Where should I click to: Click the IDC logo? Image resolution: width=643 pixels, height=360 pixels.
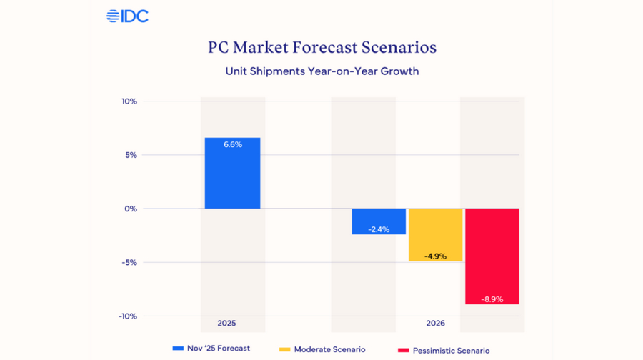coord(127,16)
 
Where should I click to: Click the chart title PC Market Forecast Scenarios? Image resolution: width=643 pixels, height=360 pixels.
coord(321,48)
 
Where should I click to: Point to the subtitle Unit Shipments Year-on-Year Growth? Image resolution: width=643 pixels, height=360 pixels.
coord(321,71)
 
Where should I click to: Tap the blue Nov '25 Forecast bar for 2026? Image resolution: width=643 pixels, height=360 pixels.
coord(379,221)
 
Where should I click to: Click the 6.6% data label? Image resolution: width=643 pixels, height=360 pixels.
coord(233,144)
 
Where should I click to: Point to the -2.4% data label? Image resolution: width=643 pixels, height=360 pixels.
coord(379,229)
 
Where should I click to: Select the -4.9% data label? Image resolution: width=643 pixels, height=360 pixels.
coord(435,256)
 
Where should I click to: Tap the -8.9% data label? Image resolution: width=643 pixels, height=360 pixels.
coord(492,299)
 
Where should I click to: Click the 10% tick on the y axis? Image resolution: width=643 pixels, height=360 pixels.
coord(129,101)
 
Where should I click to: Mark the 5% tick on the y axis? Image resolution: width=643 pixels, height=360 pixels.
coord(131,155)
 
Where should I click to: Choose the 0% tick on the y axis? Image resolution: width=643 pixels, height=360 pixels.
coord(131,209)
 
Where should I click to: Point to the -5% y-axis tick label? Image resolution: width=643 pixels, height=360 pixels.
coord(129,262)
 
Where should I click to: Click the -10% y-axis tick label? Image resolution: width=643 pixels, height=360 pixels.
coord(127,316)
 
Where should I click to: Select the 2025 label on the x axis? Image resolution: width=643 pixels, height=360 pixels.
coord(226,324)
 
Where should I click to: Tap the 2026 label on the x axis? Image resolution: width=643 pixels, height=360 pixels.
coord(435,324)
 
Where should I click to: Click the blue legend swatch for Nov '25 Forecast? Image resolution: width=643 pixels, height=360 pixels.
coord(179,349)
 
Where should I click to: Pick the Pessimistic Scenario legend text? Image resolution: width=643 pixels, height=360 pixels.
coord(451,350)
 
